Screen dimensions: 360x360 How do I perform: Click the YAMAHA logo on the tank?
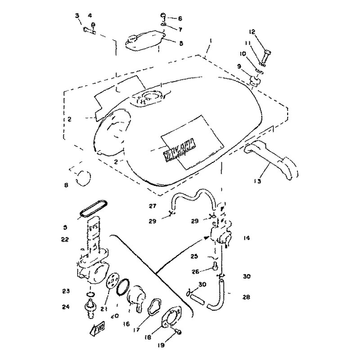179,148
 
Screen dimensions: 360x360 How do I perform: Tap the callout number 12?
252,31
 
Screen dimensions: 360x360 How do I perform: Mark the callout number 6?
180,18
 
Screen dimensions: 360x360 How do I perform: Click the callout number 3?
77,16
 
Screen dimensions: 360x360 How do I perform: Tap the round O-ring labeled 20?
125,288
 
